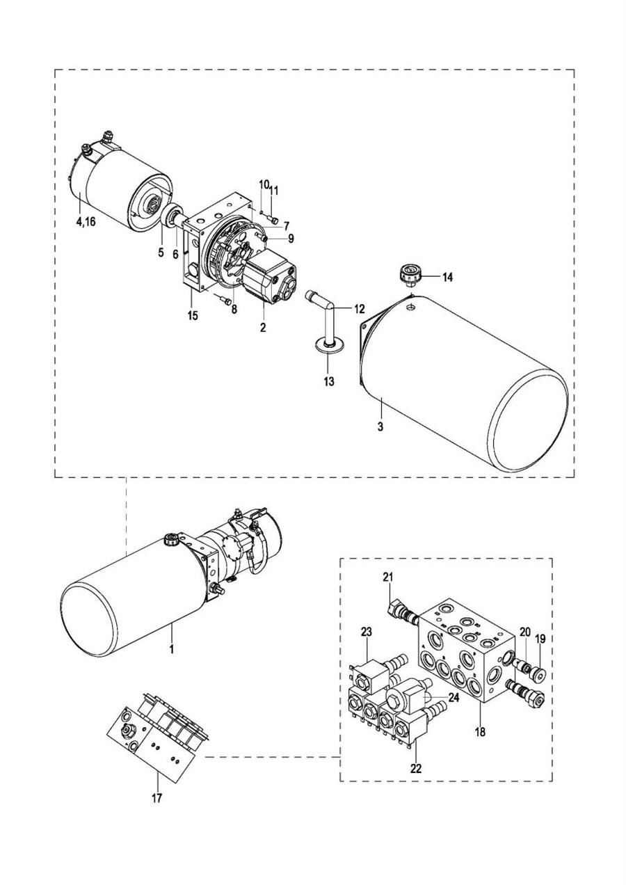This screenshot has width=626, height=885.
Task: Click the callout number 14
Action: point(447,278)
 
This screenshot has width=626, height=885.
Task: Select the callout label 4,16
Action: point(86,222)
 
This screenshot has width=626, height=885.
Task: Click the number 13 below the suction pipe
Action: point(328,382)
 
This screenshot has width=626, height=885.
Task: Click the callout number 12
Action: point(359,309)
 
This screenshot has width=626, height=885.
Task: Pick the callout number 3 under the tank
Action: point(380,426)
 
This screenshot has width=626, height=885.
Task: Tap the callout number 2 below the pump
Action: point(263,328)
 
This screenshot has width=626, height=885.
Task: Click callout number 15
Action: point(193,316)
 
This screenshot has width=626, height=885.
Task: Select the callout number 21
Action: point(388,577)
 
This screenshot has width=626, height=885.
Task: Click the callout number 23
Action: point(367,632)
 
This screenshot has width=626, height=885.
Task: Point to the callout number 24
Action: point(454,698)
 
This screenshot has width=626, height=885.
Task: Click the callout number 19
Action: point(540,638)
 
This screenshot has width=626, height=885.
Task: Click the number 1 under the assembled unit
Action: point(172,650)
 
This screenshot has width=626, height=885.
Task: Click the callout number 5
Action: point(161,253)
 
